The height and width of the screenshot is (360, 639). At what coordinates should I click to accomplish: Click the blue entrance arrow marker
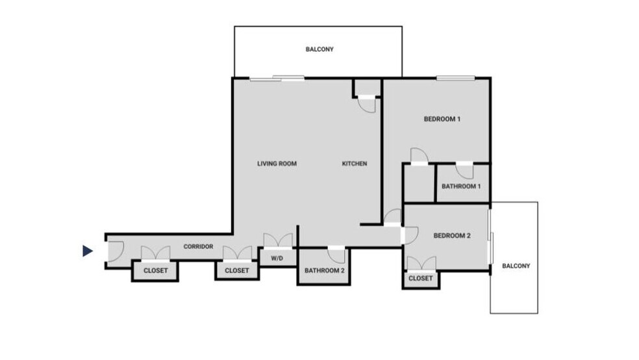(x=87, y=251)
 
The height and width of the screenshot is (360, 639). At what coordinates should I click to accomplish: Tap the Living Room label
(x=277, y=164)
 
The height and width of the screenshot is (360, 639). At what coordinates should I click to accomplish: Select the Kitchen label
(x=355, y=164)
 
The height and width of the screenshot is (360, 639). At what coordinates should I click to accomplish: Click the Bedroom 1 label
(x=442, y=119)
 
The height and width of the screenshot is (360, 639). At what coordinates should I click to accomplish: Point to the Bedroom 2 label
(x=452, y=236)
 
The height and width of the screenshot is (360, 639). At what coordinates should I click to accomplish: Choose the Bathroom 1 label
(x=461, y=186)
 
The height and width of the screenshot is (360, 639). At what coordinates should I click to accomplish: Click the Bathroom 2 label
(x=325, y=270)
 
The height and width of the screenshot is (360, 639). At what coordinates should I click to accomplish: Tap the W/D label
(x=277, y=258)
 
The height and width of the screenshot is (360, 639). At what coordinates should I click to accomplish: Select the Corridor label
(x=199, y=247)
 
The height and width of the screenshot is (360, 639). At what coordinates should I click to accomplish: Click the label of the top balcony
(x=319, y=49)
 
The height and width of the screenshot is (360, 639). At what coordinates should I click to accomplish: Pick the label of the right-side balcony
(x=516, y=266)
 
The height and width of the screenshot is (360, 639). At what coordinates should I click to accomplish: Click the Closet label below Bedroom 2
(x=421, y=278)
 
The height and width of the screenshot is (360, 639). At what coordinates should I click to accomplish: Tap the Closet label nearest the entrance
(x=156, y=270)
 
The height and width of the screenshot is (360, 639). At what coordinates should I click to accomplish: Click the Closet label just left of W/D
(x=237, y=270)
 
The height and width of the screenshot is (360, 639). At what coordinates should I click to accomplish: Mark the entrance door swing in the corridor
(x=116, y=251)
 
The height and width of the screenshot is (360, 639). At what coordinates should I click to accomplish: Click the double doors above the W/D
(x=278, y=240)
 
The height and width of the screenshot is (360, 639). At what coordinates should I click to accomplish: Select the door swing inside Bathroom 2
(x=337, y=255)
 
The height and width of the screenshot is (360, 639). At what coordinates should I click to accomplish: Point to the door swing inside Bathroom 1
(x=464, y=171)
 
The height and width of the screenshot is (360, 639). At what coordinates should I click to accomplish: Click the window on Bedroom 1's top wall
(x=456, y=78)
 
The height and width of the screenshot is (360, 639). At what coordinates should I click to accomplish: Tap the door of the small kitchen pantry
(x=367, y=105)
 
